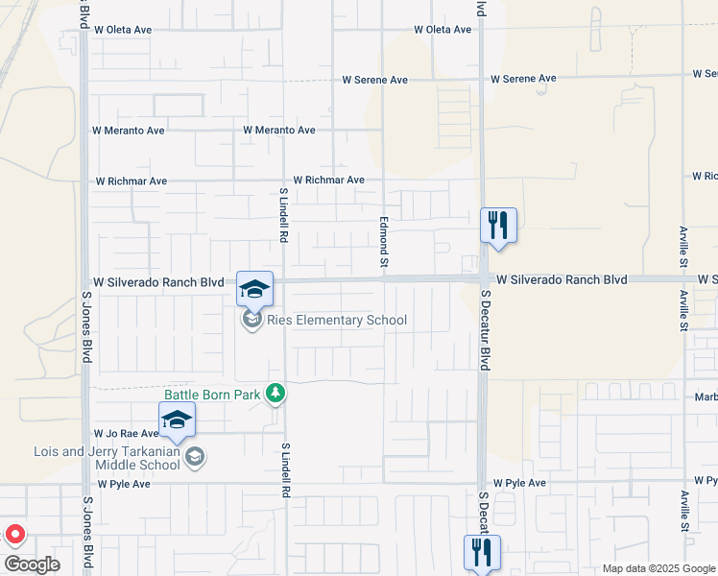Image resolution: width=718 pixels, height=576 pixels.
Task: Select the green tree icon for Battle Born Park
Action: tap(275, 393)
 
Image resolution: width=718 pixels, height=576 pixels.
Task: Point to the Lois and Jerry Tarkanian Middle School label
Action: tap(107, 458)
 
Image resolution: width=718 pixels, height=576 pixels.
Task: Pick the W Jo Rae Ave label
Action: tap(126, 434)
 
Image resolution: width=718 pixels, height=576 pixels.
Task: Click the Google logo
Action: tap(32, 564)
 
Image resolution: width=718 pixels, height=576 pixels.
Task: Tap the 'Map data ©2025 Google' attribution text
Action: tap(659, 568)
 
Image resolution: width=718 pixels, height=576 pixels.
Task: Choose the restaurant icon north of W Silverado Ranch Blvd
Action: tap(498, 227)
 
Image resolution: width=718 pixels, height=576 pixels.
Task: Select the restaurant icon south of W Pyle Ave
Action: tap(482, 552)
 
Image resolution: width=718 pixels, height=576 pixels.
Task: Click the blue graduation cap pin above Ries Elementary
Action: tap(254, 289)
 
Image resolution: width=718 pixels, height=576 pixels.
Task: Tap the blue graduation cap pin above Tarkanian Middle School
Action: tap(177, 420)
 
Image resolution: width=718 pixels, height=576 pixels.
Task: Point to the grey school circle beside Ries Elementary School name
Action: tap(252, 320)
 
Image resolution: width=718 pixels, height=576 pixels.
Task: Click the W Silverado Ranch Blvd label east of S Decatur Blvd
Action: tap(562, 279)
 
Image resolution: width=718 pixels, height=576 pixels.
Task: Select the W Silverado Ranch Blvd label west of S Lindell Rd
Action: tap(158, 282)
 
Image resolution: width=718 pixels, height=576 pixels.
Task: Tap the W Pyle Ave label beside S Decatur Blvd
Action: tap(519, 483)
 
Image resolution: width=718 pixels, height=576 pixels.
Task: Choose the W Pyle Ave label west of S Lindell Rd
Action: tap(122, 484)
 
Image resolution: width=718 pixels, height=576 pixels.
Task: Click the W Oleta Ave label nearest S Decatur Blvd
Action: tap(443, 30)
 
